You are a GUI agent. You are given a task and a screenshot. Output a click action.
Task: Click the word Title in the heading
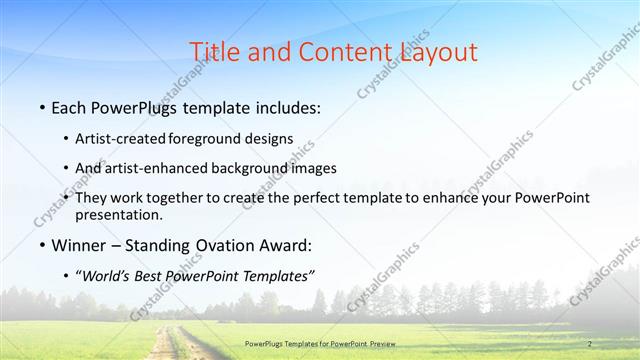click(214, 51)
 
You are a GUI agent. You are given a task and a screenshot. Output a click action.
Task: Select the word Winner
click(79, 245)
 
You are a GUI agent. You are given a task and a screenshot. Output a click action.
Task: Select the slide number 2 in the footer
click(590, 344)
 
